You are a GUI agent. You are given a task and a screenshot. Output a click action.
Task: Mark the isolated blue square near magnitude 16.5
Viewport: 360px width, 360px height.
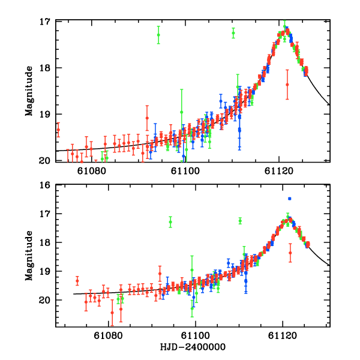click(289, 199)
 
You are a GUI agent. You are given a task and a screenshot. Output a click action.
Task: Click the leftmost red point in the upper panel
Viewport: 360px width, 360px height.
click(58, 130)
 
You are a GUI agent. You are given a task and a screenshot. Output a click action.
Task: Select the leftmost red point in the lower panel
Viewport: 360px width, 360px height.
click(77, 281)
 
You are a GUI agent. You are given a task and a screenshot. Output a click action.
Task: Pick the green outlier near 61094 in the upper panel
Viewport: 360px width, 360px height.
click(158, 35)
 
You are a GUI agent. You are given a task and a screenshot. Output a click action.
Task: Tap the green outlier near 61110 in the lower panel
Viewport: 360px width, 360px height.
click(240, 221)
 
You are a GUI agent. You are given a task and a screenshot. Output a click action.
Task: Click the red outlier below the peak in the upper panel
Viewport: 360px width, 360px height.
click(287, 85)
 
